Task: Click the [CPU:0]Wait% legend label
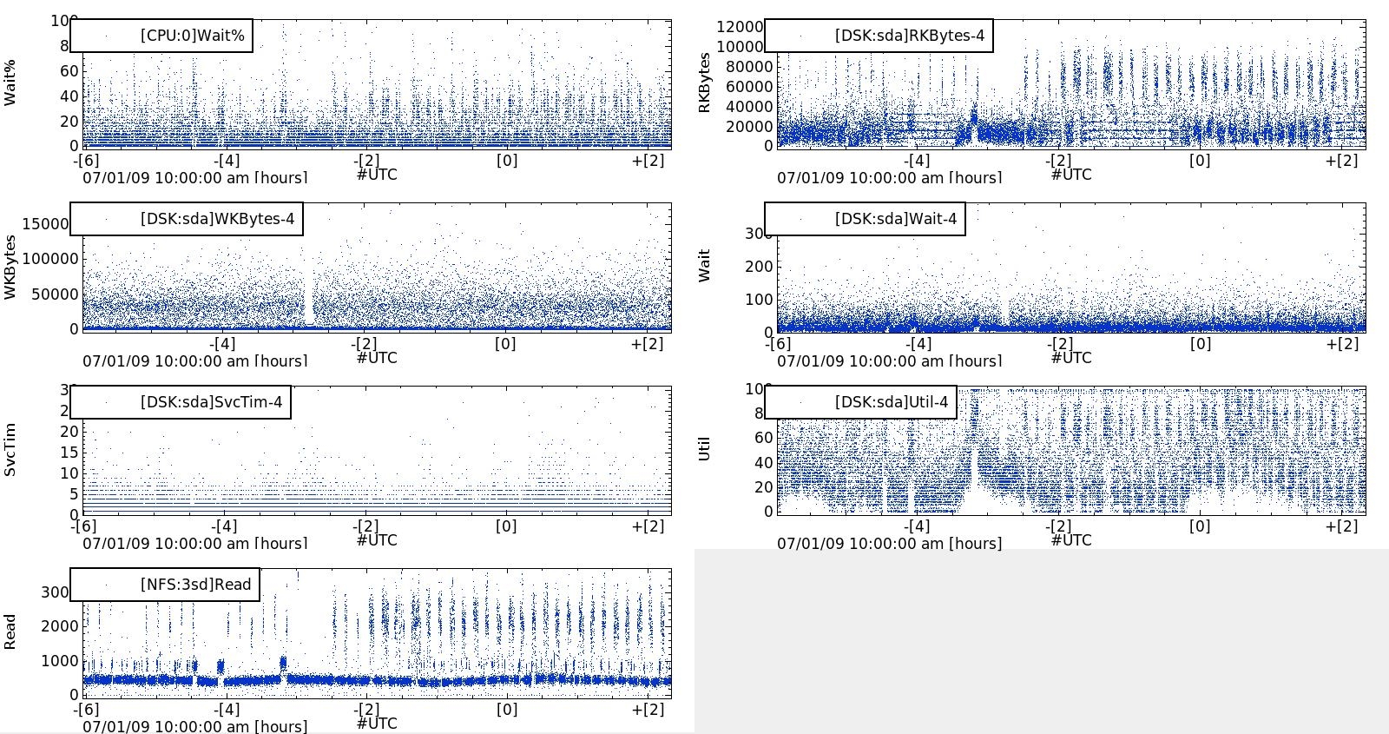192,36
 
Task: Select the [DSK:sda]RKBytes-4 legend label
910,36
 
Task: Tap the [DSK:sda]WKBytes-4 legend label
217,219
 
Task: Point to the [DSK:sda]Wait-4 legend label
896,219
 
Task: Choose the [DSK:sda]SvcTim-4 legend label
211,402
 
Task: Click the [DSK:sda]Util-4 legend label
892,402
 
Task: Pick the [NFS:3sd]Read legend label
195,585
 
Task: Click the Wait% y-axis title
10,83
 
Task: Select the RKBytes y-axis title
705,83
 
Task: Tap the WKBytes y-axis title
10,267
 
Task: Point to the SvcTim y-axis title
10,450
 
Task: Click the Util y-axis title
705,449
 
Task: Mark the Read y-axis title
10,632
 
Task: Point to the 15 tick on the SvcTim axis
69,453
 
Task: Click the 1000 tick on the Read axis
60,661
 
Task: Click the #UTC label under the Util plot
1071,540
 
